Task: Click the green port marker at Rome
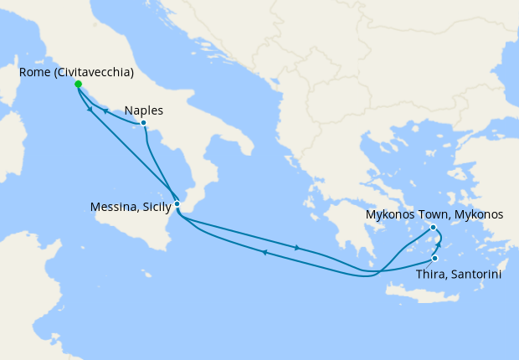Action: coord(78,85)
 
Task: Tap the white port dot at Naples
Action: coord(144,123)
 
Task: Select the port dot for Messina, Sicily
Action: coord(177,203)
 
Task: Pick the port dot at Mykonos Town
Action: coord(434,228)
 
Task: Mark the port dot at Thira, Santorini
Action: coord(434,258)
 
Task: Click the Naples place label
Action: coord(143,110)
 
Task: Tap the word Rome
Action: coord(34,73)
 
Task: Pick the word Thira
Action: coord(431,273)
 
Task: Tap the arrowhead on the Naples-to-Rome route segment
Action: coord(105,111)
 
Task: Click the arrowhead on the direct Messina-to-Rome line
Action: coord(89,110)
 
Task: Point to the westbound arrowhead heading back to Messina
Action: coord(264,252)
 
